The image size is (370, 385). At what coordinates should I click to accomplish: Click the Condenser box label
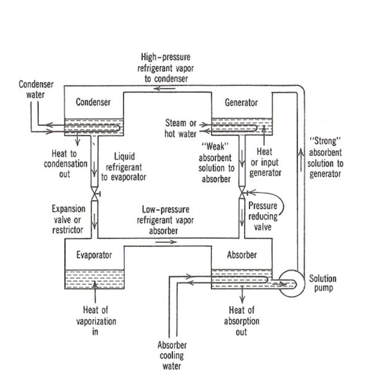[x=93, y=102]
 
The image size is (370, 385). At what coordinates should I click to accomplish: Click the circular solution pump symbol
[x=288, y=285]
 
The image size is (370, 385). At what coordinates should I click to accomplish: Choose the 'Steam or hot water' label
[x=181, y=128]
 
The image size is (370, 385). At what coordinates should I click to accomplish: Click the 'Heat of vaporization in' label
[x=94, y=321]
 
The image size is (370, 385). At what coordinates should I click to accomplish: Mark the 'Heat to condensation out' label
[x=61, y=163]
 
